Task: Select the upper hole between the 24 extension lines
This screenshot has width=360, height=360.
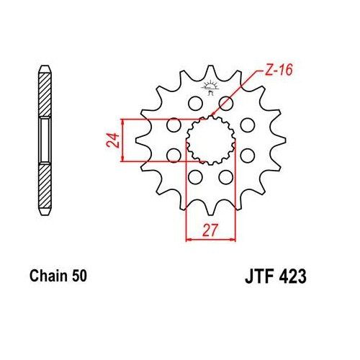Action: (x=173, y=125)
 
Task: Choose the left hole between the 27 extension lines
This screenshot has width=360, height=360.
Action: (x=194, y=176)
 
